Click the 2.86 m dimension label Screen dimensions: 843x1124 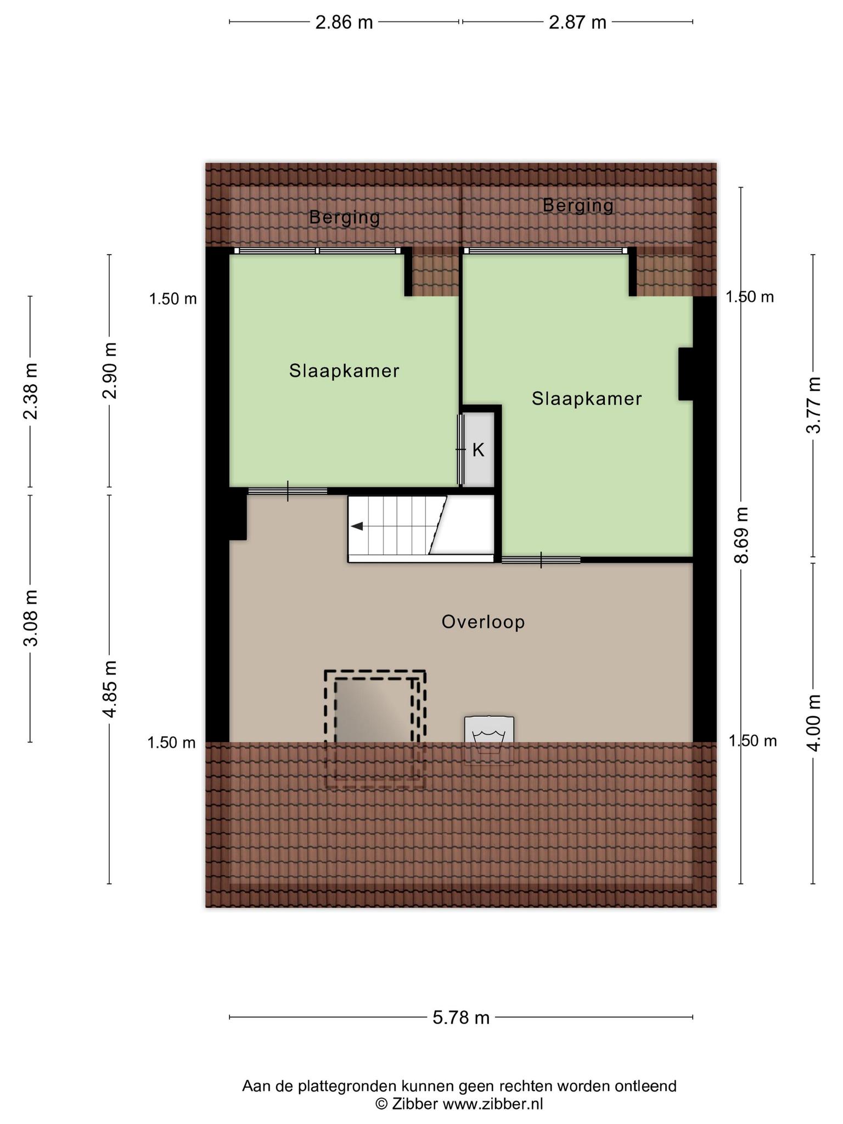tap(344, 23)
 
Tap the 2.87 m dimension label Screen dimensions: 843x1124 tap(577, 23)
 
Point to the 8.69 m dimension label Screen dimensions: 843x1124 tap(741, 535)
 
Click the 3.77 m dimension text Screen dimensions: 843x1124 tap(813, 404)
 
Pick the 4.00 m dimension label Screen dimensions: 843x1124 tap(813, 723)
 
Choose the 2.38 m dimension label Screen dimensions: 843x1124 tap(31, 391)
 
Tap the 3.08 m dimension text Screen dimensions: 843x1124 tap(31, 619)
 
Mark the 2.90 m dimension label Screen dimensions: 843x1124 tap(110, 370)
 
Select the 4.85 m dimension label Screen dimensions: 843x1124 tap(110, 689)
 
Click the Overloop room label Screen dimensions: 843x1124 tap(483, 622)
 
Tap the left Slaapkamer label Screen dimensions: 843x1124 tap(344, 371)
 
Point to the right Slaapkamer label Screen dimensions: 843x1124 tap(587, 398)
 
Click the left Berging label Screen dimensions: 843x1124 tap(345, 218)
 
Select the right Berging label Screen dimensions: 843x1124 tap(578, 205)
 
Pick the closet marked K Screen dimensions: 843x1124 tap(479, 449)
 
